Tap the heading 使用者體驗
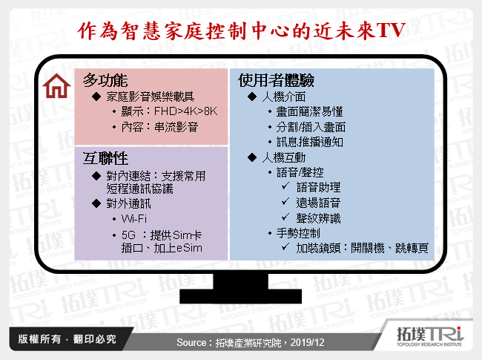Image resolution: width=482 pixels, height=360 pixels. pos(266,80)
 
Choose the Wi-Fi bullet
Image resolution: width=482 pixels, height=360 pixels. pos(135,220)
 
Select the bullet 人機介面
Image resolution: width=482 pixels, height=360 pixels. pos(285,96)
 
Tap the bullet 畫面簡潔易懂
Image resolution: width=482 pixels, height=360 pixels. pos(310,111)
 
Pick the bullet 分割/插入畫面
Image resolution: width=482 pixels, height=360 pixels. pos(311,127)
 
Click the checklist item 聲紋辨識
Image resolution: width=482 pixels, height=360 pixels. pos(318,217)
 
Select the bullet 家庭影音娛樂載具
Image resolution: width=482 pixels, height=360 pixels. pos(151,96)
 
